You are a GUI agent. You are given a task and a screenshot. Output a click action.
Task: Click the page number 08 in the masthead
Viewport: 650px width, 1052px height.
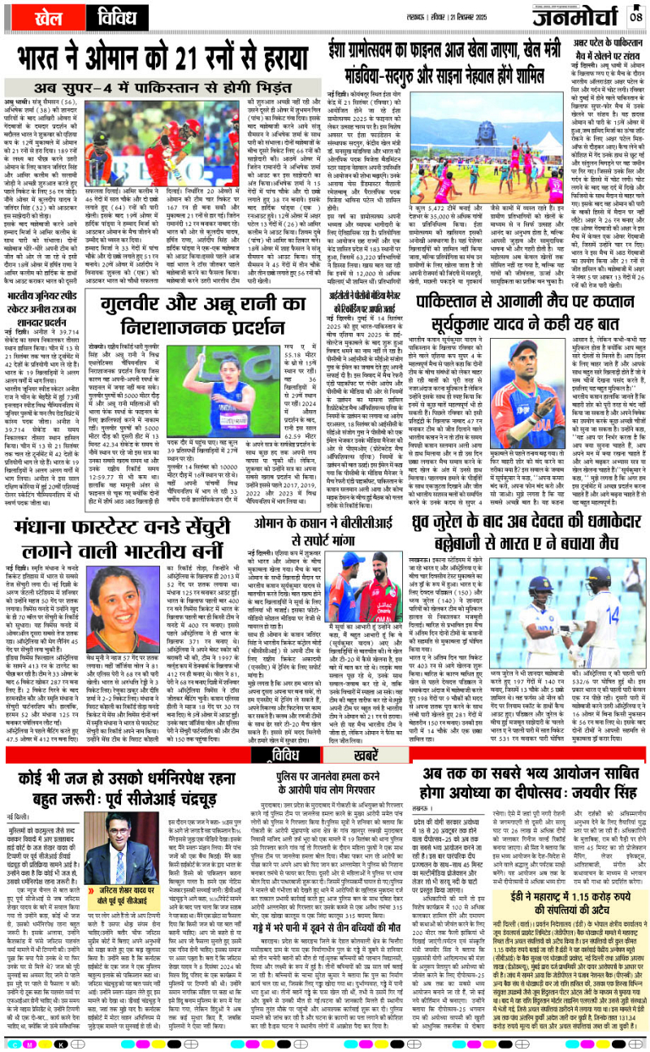click(635, 14)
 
